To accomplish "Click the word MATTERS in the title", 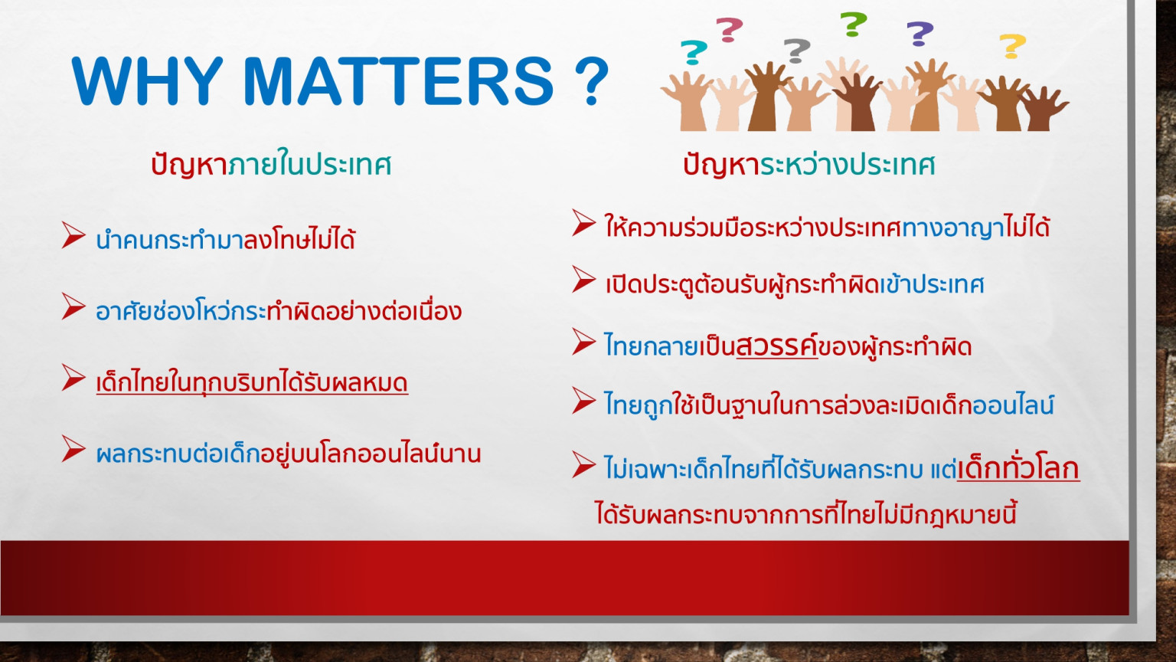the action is coord(398,81).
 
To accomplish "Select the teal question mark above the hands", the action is coord(694,52).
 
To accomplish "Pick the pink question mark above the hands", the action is coord(730,30).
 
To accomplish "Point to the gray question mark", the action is coord(797,51).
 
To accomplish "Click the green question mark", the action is coord(854,25).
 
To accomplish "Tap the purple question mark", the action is coord(920,34).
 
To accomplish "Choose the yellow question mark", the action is coord(1013,46).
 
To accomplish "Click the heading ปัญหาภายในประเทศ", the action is coord(271,164).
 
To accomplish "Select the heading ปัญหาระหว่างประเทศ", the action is coord(809,165).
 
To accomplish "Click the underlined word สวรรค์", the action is coord(777,346).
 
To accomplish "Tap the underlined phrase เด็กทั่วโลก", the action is coord(1018,467).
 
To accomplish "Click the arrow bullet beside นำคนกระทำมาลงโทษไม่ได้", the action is coord(73,235).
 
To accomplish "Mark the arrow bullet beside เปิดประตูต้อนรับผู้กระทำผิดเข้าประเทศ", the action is coord(584,279).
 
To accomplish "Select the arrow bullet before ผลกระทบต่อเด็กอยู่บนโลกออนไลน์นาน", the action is coord(73,449).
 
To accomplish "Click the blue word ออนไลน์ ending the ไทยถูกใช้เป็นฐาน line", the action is coord(1013,405).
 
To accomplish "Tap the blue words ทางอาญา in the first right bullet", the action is coord(952,228).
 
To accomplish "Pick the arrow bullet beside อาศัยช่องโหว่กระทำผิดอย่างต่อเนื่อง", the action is coord(73,306).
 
